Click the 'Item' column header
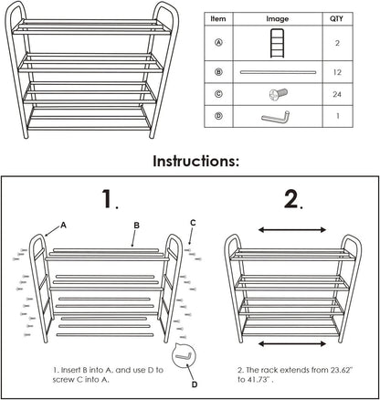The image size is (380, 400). pyautogui.click(x=217, y=17)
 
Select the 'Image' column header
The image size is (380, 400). pyautogui.click(x=278, y=17)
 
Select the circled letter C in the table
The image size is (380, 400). pyautogui.click(x=217, y=93)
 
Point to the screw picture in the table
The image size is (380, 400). pyautogui.click(x=278, y=93)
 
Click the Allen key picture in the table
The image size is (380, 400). pyautogui.click(x=278, y=117)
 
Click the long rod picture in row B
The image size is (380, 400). pyautogui.click(x=278, y=70)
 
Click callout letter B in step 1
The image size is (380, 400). pyautogui.click(x=136, y=223)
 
